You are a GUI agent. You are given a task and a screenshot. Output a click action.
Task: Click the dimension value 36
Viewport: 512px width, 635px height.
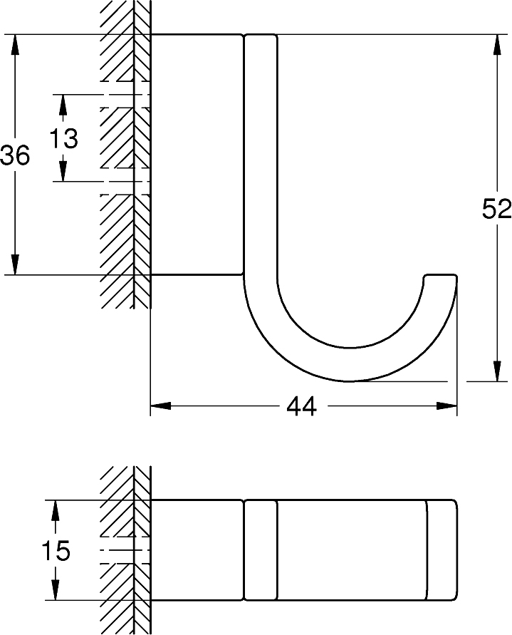click(x=15, y=155)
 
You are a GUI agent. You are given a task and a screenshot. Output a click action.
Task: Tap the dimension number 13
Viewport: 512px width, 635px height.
click(x=63, y=138)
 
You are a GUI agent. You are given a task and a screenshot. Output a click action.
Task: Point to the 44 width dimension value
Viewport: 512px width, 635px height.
click(x=301, y=407)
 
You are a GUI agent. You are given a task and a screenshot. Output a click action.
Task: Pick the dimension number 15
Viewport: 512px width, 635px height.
click(x=55, y=551)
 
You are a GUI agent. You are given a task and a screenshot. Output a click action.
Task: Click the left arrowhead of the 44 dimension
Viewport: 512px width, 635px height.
click(x=160, y=407)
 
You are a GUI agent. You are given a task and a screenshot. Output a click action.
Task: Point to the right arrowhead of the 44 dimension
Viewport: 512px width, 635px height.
click(x=447, y=407)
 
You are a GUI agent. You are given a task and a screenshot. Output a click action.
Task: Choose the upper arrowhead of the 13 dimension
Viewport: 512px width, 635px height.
click(x=63, y=104)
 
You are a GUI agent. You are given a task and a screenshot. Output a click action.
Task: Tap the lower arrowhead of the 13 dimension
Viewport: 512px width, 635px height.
click(x=63, y=172)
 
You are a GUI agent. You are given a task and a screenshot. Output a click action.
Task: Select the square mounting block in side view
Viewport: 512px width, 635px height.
click(x=197, y=154)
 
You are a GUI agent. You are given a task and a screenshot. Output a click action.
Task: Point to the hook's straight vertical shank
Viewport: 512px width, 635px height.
click(x=261, y=157)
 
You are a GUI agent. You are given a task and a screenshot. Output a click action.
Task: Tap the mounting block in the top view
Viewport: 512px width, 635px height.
click(x=197, y=550)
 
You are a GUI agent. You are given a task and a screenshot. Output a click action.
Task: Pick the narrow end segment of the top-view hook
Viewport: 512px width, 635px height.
click(x=442, y=550)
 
